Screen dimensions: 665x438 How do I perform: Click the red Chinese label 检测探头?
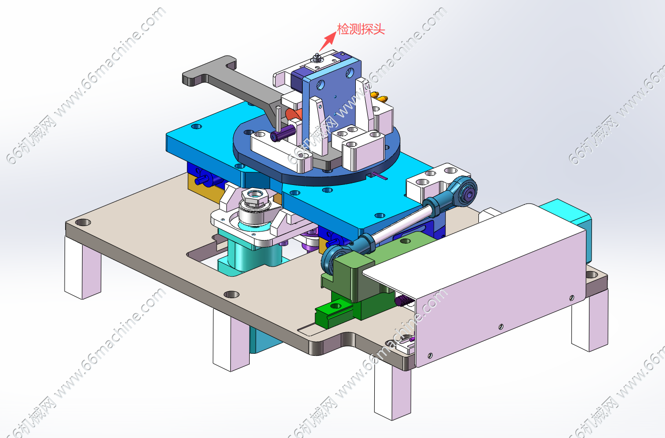(361, 29)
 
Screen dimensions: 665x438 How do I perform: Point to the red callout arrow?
(328, 41)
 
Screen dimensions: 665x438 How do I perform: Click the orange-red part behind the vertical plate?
(293, 114)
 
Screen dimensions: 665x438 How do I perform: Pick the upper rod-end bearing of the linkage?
(465, 190)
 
